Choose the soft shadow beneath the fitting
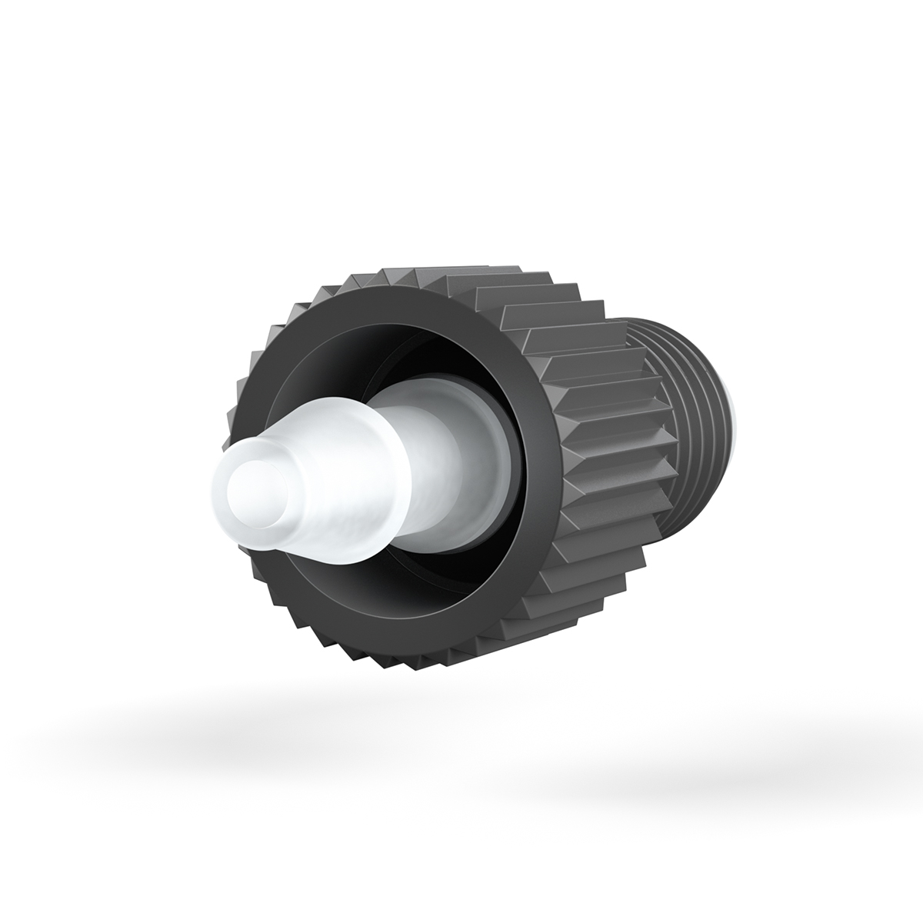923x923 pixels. click(x=461, y=738)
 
